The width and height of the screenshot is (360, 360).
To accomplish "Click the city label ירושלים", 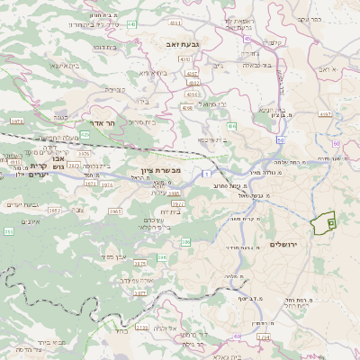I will tap(288, 244).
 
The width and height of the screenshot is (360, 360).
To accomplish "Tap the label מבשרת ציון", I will tap(161, 170).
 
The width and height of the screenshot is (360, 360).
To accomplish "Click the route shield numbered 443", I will tap(131, 24).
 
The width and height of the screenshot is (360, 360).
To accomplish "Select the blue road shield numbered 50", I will tap(281, 140).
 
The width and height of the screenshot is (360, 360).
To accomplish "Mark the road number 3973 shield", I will tap(16, 119).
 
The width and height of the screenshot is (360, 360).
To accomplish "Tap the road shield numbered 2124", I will tap(263, 337).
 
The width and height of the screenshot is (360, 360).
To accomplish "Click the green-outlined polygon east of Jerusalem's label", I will tap(322, 219).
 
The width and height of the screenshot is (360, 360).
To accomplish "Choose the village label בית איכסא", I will tap(211, 139).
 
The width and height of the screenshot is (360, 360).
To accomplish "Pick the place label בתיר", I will tap(120, 330).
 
